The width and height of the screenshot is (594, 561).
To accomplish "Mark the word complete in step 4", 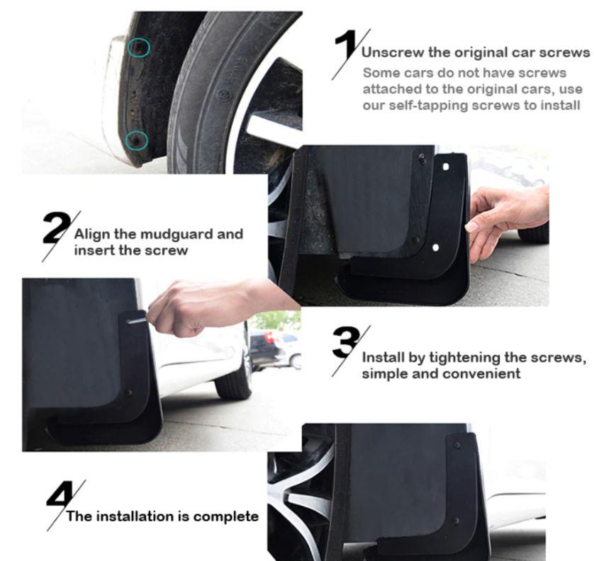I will (x=226, y=516).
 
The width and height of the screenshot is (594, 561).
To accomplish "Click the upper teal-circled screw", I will (x=138, y=47).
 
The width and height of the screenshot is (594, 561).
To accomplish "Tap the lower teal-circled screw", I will (x=137, y=140).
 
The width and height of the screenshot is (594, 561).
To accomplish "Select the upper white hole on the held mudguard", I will (x=446, y=166).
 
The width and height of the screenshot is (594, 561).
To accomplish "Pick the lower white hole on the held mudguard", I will (x=435, y=248).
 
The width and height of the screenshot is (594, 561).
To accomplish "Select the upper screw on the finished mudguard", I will (x=456, y=446).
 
